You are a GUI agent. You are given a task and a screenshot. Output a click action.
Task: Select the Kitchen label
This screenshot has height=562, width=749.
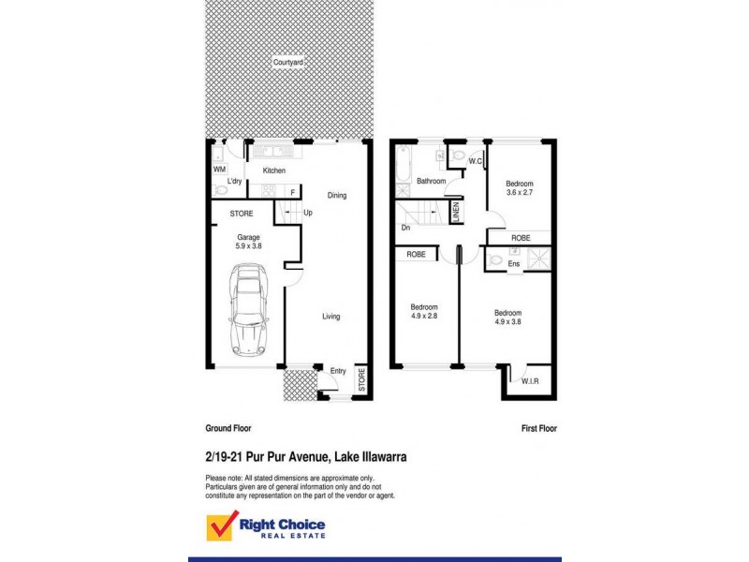click(273, 170)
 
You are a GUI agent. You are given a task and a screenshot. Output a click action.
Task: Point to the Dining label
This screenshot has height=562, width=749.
click(337, 196)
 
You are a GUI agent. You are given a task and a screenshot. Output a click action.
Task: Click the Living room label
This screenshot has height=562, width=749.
click(331, 317)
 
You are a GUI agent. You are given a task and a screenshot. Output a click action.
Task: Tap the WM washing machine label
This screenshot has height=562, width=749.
click(219, 170)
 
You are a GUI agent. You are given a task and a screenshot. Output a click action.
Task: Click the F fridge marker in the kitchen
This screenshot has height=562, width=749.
click(292, 192)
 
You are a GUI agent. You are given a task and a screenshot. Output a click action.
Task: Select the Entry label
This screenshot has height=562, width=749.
click(338, 371)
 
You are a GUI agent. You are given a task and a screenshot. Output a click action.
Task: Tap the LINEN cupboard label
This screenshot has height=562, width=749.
click(456, 212)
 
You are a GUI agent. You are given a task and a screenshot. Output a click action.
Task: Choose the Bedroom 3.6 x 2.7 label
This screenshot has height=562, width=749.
click(520, 188)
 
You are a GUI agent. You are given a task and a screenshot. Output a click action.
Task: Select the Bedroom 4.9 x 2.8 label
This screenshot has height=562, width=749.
click(425, 312)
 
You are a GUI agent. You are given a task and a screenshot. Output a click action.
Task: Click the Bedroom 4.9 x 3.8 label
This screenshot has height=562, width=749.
click(508, 317)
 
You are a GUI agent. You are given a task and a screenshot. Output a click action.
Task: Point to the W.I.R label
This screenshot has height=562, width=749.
click(529, 381)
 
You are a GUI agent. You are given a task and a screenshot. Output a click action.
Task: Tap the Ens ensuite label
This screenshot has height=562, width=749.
click(513, 264)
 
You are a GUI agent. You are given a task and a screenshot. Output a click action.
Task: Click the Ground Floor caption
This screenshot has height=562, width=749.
click(228, 427)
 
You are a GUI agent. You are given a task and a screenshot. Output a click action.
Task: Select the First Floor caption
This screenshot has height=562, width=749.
click(539, 427)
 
